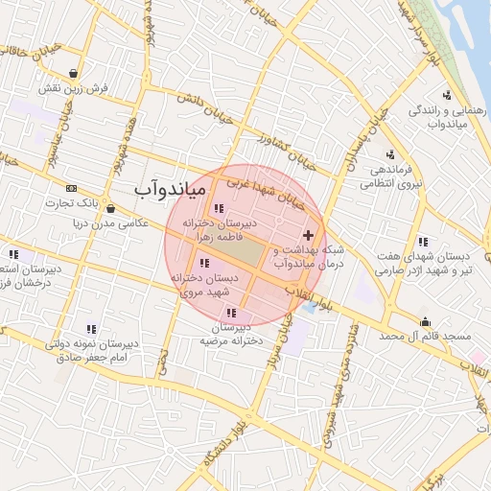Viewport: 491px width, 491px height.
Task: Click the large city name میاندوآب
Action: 169,190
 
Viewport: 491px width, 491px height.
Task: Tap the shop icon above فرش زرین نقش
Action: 74,72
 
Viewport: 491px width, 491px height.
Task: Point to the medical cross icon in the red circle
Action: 307,235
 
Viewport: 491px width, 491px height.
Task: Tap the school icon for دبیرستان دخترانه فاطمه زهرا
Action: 220,208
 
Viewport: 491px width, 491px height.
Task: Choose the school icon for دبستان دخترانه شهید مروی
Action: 204,263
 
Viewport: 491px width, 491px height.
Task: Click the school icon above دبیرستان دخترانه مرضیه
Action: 231,313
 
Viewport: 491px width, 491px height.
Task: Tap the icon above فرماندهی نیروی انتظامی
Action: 389,154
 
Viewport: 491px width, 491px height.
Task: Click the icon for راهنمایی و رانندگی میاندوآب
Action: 447,94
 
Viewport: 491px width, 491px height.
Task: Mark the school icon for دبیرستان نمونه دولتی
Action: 91,329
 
